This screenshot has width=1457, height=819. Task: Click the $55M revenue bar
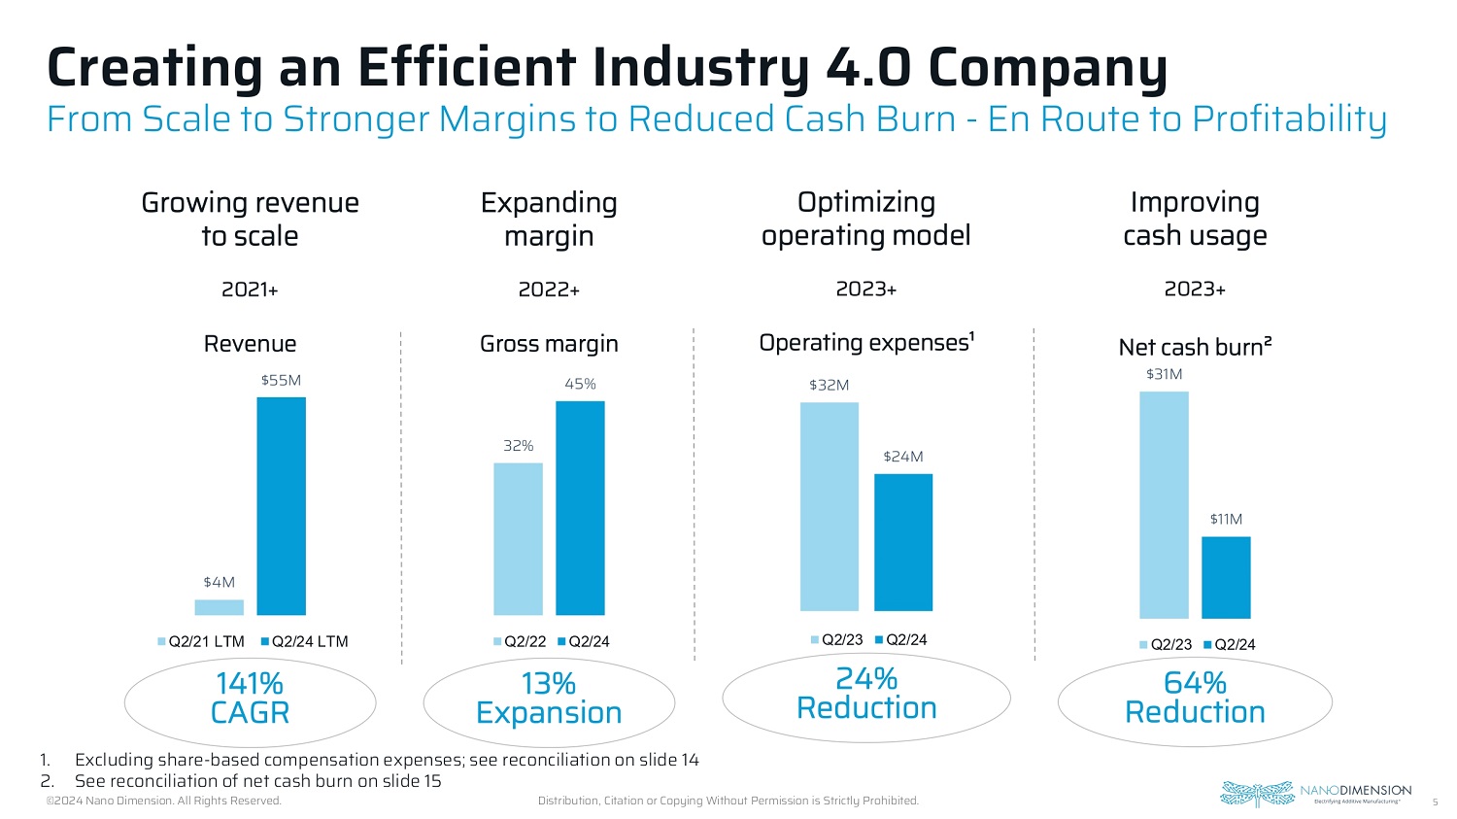click(x=281, y=505)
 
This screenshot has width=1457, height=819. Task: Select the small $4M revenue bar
click(x=219, y=607)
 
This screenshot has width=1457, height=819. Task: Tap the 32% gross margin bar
click(x=518, y=538)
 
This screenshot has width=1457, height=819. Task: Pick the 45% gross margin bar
click(x=580, y=507)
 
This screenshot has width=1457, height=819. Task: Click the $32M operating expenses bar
click(x=829, y=506)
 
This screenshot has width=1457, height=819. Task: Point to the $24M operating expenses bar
click(x=903, y=542)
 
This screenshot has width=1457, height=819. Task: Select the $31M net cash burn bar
click(x=1164, y=504)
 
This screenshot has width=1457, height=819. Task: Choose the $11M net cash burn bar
click(x=1226, y=577)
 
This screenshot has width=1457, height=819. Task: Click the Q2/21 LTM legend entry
click(x=201, y=642)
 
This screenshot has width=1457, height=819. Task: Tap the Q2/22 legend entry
click(x=520, y=642)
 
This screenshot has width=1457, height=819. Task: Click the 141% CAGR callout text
click(x=250, y=699)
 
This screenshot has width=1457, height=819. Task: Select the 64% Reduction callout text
click(x=1195, y=698)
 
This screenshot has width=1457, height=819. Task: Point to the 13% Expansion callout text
click(x=549, y=699)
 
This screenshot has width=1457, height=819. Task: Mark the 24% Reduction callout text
click(x=866, y=694)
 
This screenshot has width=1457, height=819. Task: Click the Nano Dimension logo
click(x=1315, y=793)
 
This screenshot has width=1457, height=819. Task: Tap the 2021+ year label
click(x=250, y=290)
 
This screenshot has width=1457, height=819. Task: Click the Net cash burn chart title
click(x=1195, y=347)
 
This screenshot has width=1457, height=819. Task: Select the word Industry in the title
click(x=702, y=68)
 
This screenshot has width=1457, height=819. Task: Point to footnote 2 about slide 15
click(x=257, y=781)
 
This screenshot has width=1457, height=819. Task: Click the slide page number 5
click(x=1435, y=802)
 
